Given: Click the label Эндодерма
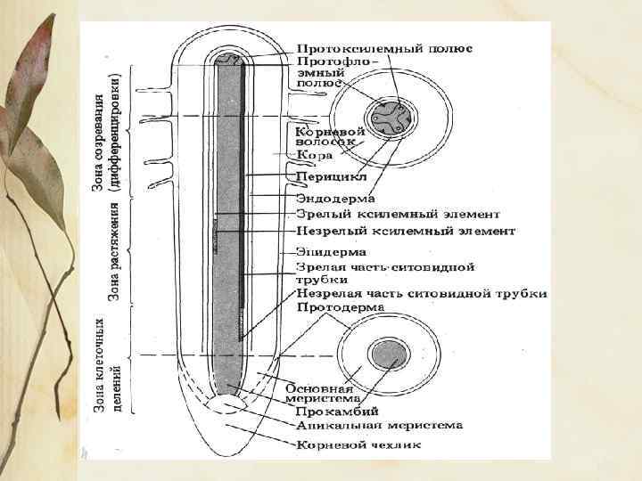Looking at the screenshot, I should [336, 197].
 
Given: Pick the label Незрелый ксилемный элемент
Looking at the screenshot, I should [405, 232].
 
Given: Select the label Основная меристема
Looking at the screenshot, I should [320, 394].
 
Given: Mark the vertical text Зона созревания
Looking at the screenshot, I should [100, 135].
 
